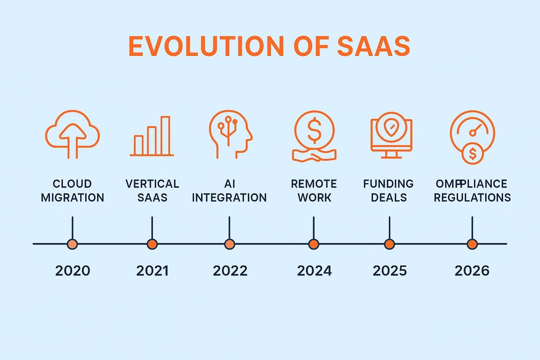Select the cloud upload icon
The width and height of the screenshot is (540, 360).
[x=72, y=135]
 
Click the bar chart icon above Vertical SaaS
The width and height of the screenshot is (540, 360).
[x=152, y=136]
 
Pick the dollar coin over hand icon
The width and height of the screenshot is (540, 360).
[x=314, y=135]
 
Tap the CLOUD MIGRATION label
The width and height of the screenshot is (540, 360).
[x=72, y=190]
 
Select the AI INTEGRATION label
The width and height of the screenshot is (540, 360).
[x=229, y=190]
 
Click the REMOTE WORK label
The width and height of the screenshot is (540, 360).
[x=314, y=190]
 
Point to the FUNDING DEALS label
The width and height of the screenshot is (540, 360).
[x=388, y=190]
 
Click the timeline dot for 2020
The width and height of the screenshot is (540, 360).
[x=72, y=244]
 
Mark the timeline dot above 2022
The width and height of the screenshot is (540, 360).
[x=229, y=244]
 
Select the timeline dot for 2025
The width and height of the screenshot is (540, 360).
[x=389, y=244]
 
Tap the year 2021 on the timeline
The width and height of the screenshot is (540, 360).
[x=152, y=271]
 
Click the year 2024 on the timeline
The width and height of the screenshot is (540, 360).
[x=314, y=271]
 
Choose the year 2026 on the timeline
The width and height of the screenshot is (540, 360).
[x=472, y=271]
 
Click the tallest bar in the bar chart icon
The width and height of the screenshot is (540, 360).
[x=165, y=135]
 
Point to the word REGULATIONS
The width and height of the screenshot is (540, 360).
[x=472, y=197]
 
